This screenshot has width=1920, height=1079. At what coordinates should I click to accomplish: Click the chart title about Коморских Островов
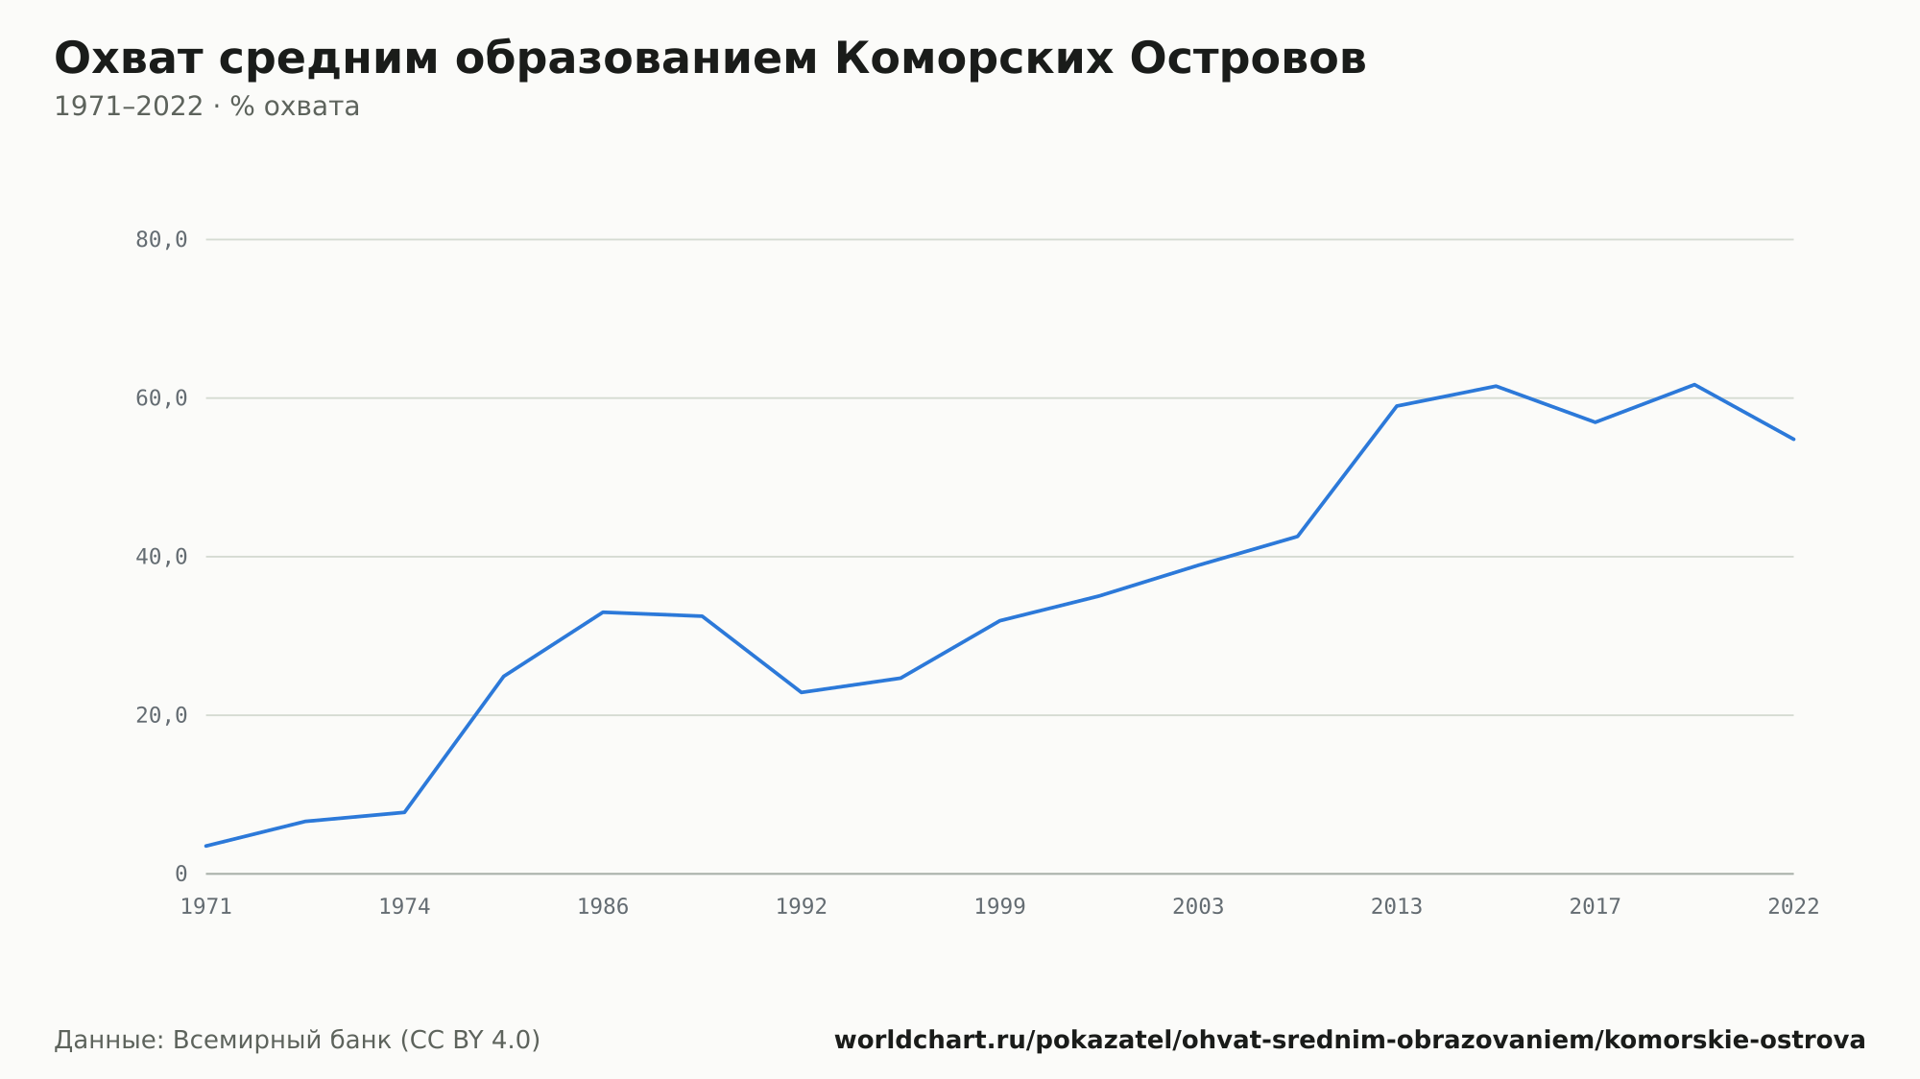point(710,59)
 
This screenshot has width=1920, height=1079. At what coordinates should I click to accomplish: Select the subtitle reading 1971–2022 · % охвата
point(206,107)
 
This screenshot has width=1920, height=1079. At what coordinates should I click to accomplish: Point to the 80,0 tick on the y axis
point(161,240)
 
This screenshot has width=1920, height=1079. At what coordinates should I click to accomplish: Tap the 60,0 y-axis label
point(161,398)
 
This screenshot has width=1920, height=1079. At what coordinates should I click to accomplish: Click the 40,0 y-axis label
point(161,557)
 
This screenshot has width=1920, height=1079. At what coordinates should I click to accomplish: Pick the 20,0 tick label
point(161,715)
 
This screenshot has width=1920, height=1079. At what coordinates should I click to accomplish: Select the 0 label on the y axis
point(180,875)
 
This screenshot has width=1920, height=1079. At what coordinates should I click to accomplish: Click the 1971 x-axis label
point(206,907)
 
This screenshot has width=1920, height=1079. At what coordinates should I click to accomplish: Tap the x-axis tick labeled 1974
point(404,907)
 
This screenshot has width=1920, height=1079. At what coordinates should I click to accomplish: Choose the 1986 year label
point(603,907)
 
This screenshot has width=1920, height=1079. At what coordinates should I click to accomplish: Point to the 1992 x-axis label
point(802,907)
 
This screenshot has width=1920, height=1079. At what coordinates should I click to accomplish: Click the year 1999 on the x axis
point(1000,907)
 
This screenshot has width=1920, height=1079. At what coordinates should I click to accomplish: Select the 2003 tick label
point(1198,907)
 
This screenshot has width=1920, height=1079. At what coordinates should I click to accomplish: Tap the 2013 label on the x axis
point(1397,907)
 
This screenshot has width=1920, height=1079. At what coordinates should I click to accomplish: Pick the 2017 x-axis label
point(1596,907)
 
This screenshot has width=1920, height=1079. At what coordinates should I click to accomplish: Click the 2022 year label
point(1793,907)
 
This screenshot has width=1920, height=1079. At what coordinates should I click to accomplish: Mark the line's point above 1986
point(603,612)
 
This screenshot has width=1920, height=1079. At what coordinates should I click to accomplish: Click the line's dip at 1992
point(802,692)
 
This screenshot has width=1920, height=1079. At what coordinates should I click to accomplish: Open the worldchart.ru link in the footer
point(1350,1041)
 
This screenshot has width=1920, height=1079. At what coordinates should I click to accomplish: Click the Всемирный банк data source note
point(298,1041)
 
